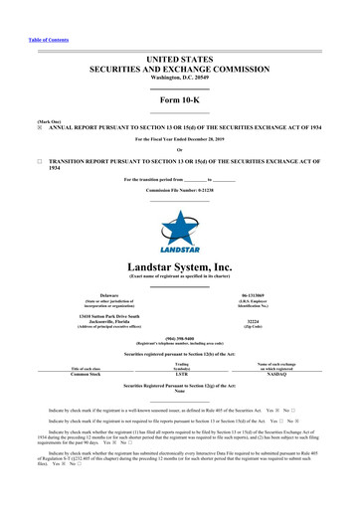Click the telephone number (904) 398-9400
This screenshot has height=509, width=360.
click(x=179, y=334)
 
